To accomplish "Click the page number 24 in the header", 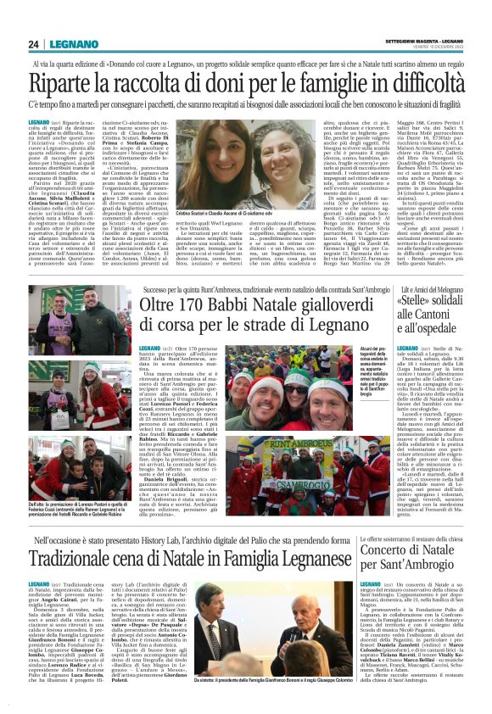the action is click(34, 44).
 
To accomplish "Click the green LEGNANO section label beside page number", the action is click(64, 44).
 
